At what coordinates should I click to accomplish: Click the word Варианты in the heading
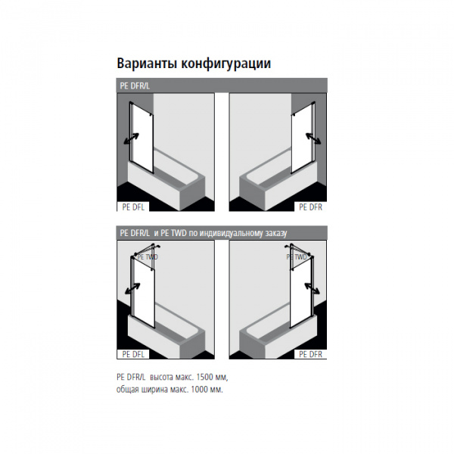[147, 64]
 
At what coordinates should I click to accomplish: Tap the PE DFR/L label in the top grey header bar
[135, 86]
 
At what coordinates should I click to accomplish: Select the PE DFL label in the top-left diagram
[133, 207]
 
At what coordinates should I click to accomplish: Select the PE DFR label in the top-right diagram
[310, 207]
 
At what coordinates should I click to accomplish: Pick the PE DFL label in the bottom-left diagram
[133, 354]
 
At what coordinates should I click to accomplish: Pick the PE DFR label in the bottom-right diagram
[310, 354]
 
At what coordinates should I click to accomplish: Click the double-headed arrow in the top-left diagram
[131, 138]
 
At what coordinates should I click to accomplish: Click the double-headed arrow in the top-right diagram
[313, 138]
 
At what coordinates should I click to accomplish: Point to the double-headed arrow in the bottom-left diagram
[132, 288]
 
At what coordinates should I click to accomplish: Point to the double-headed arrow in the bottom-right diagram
[312, 288]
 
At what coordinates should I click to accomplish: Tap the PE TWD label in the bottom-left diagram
[148, 257]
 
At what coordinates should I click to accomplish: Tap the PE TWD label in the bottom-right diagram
[297, 257]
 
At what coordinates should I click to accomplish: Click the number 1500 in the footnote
[204, 378]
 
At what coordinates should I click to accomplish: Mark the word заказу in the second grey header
[276, 233]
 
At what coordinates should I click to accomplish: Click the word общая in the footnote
[128, 390]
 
